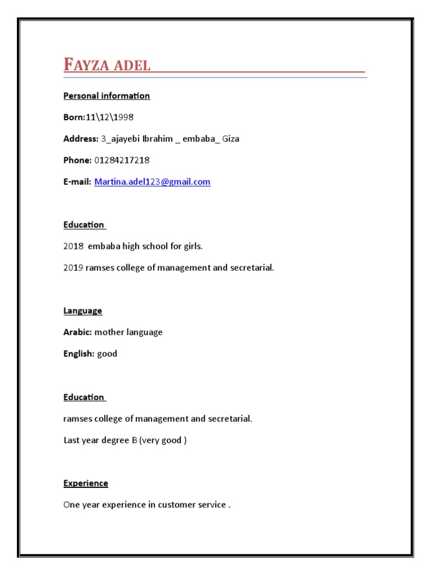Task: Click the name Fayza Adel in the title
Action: (107, 65)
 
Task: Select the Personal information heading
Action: (107, 95)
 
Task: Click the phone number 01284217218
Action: (122, 160)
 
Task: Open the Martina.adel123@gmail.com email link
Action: (152, 182)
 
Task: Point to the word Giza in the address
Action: (231, 139)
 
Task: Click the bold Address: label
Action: (81, 139)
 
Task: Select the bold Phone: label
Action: (77, 160)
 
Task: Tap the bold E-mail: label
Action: (77, 182)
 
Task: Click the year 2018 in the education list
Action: (73, 246)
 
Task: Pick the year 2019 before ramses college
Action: (73, 268)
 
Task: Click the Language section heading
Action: (82, 311)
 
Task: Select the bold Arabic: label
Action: (77, 332)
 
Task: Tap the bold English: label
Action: (79, 354)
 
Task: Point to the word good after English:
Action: (107, 354)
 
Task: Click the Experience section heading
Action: (85, 483)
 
